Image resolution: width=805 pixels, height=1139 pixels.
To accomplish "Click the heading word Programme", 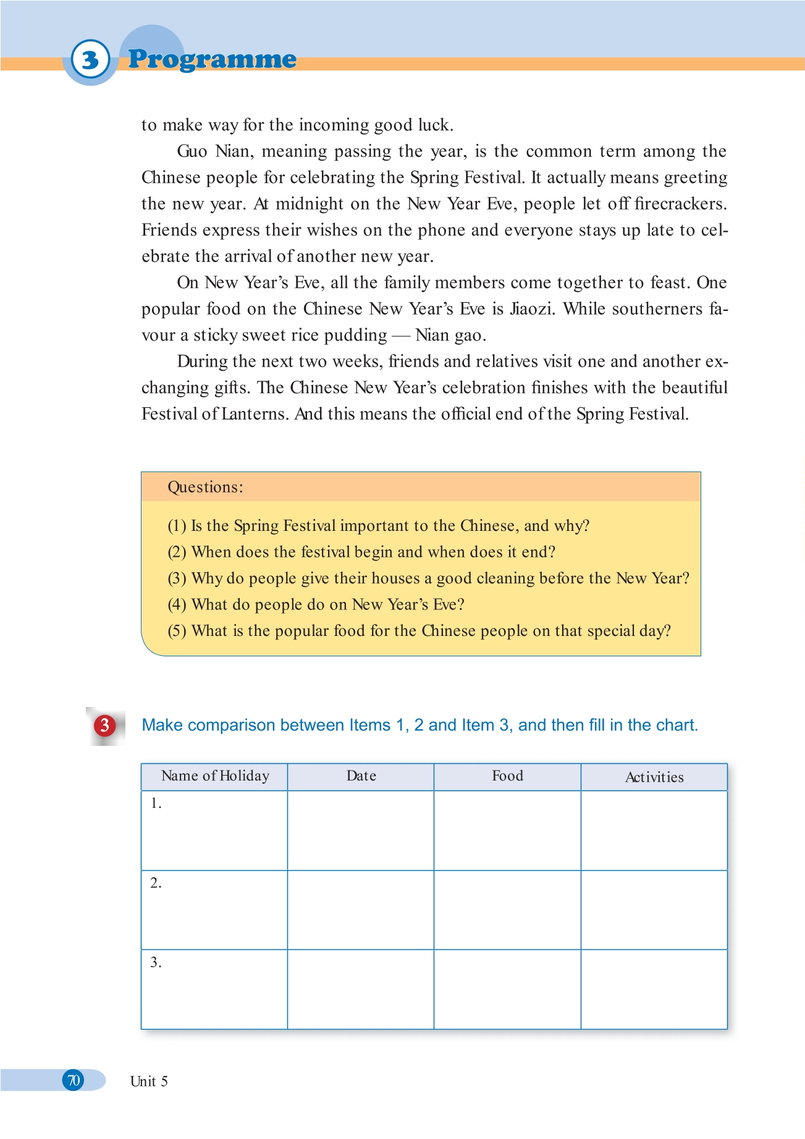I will point(212,59).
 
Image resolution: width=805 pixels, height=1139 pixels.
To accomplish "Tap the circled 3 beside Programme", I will point(90,60).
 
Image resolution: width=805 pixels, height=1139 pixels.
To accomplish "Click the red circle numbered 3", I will point(105,725).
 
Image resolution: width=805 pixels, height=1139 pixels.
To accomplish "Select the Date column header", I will point(361,776).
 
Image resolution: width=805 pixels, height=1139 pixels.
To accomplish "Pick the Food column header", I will point(507,776).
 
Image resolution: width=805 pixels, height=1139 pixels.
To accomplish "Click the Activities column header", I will point(654,777).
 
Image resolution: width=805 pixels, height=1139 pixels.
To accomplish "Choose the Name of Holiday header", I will point(215,776).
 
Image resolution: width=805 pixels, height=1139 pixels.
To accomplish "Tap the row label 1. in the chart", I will point(156,803).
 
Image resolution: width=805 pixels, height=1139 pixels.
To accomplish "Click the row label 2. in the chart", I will point(156,883).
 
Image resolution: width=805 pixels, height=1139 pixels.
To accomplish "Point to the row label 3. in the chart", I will point(156,962).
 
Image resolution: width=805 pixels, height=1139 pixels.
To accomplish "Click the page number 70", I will point(74,1080).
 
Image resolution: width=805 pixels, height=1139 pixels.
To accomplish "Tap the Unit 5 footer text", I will point(149,1082).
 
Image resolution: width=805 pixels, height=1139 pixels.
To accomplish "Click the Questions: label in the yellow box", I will point(205,487).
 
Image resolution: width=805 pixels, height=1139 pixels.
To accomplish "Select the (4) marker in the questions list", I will point(177,604).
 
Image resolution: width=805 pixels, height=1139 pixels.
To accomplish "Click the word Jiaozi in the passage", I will point(531,308).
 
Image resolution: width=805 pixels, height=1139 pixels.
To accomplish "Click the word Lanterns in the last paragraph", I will point(255,413).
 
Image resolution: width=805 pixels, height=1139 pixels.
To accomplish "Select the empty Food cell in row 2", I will point(507,910).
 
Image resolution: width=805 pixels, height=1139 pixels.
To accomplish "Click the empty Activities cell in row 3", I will point(654,989).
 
